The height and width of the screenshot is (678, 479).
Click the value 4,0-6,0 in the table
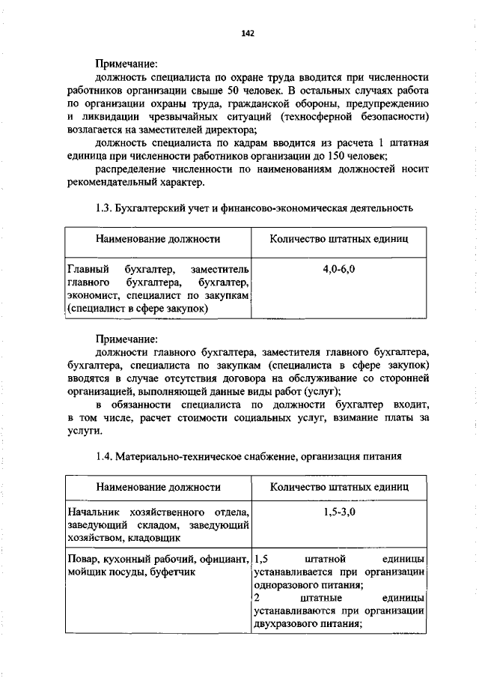coord(339,268)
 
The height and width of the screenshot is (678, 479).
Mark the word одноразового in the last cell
coord(284,586)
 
